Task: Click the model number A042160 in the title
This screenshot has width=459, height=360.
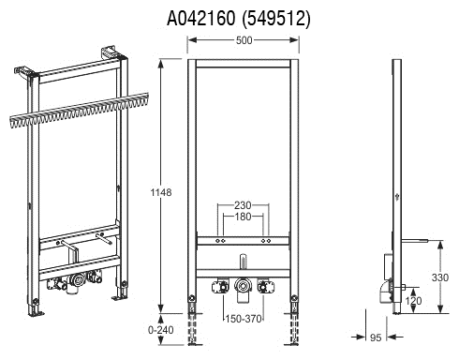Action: pos(201,19)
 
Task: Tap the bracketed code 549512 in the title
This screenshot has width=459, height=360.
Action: pos(276,19)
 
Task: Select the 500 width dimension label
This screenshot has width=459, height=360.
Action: pos(244,40)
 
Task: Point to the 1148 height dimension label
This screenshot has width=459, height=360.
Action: pos(161,192)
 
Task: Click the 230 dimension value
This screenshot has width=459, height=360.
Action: pos(243,205)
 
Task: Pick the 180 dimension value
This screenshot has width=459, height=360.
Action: pos(243,217)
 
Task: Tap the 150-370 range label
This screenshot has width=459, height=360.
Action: pos(244,319)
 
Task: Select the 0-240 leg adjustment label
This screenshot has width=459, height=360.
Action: pos(160,330)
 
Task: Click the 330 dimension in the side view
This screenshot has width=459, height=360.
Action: pos(440,277)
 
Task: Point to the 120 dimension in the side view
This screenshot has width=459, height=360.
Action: pos(413,301)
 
